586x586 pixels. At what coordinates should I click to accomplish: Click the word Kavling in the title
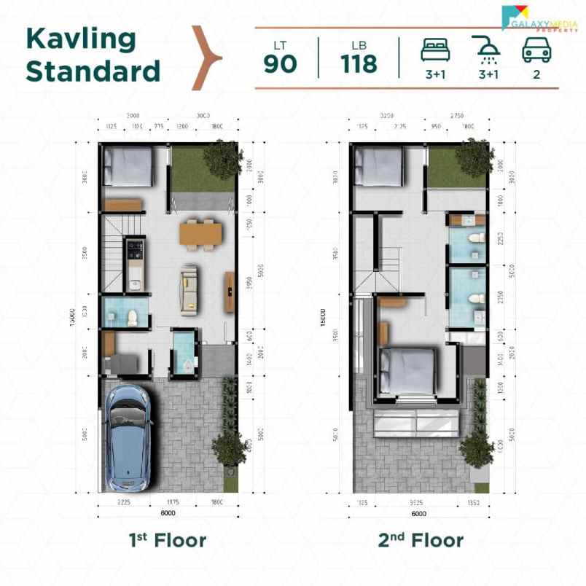pos(81,39)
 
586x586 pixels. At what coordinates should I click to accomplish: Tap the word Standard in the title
pos(93,71)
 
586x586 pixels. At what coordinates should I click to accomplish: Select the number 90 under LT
pos(280,64)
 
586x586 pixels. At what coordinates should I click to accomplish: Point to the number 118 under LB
pos(359,64)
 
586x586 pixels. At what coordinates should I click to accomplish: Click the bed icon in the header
pos(436,50)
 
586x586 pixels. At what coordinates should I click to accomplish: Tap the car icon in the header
pos(536,50)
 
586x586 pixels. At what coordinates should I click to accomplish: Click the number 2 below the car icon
pos(536,74)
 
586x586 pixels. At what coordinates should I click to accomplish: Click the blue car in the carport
pos(130,437)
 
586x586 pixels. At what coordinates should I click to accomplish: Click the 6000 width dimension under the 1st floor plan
pos(168,512)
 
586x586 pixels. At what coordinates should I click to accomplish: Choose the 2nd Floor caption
pos(420,540)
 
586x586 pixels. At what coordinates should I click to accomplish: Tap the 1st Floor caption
pos(168,540)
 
